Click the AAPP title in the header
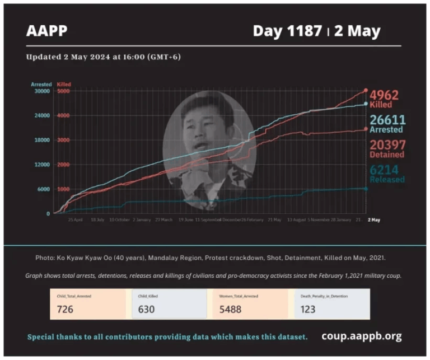pyautogui.click(x=46, y=31)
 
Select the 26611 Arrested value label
pyautogui.click(x=387, y=120)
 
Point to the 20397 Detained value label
pyautogui.click(x=387, y=145)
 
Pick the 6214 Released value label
pyautogui.click(x=387, y=170)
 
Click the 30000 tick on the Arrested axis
pyautogui.click(x=41, y=91)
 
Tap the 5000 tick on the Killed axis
pyautogui.click(x=63, y=91)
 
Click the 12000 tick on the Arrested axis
pyautogui.click(x=41, y=165)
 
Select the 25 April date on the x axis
pyautogui.click(x=76, y=220)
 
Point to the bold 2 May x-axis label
pyautogui.click(x=373, y=220)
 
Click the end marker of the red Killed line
pyautogui.click(x=366, y=90)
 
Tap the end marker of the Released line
pyautogui.click(x=366, y=189)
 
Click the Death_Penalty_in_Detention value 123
pyautogui.click(x=307, y=309)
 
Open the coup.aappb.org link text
pyautogui.click(x=361, y=336)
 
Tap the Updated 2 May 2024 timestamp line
pyautogui.click(x=103, y=57)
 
